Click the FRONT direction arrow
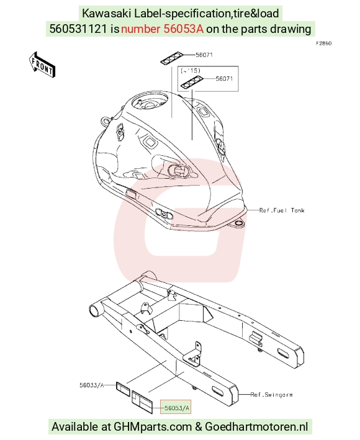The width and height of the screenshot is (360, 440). point(42,65)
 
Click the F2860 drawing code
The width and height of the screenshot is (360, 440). point(323,43)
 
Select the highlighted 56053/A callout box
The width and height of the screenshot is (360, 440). point(176,407)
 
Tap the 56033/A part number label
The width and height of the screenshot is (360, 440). point(92,385)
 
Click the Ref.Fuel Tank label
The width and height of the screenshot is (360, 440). point(282,210)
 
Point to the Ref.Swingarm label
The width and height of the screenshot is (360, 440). point(271,395)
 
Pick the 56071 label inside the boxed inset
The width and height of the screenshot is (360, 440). point(224,79)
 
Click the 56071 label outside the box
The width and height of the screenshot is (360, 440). point(204,55)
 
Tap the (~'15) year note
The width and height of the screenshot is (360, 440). point(191,70)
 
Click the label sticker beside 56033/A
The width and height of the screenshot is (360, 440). point(123,389)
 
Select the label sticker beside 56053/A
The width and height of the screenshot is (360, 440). point(142,402)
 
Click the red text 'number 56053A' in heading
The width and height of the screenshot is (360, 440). point(162,29)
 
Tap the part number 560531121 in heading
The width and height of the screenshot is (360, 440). point(78,29)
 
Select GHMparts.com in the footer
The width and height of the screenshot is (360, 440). point(153,426)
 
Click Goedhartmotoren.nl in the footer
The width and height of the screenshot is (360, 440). point(256,426)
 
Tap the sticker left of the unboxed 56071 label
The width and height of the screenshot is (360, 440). point(172,58)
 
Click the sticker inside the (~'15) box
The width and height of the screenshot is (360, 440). point(192,82)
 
